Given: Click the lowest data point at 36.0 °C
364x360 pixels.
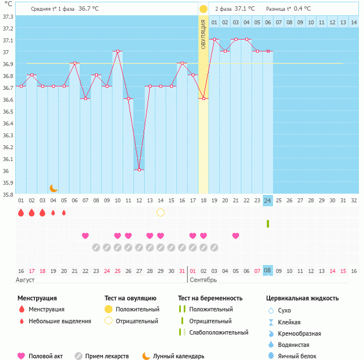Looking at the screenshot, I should click(x=139, y=170).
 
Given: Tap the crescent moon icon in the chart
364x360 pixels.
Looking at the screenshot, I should click(x=53, y=188).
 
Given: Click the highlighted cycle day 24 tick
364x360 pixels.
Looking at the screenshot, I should click(x=268, y=200).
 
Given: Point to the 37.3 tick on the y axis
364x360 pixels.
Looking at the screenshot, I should click(x=8, y=16).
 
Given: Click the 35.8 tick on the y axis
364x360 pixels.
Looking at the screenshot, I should click(x=8, y=194).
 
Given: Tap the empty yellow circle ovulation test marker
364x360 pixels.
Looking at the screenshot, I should click(x=161, y=212).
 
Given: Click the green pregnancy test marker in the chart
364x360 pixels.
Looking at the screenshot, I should click(x=268, y=224).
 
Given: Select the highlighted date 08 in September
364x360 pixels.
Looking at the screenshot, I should click(x=268, y=271).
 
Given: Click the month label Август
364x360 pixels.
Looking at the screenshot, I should click(x=26, y=280).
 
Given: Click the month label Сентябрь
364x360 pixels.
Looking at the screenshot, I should click(x=202, y=280).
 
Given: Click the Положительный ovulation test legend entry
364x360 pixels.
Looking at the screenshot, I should click(x=137, y=309).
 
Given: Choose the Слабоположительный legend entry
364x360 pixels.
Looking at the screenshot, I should click(x=219, y=332).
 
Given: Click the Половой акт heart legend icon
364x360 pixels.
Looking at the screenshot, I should click(x=21, y=356).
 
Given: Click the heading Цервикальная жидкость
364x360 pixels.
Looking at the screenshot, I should click(x=302, y=298).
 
